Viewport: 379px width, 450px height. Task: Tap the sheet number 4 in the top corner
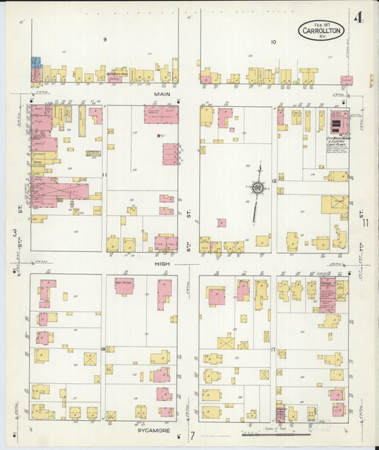pos(359,18)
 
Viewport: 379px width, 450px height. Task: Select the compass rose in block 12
pos(256,189)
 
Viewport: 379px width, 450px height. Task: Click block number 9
pos(105,39)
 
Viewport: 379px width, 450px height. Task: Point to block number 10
pos(272,41)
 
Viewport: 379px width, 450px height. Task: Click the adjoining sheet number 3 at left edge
pos(14,233)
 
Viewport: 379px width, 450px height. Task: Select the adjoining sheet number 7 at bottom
pos(191,435)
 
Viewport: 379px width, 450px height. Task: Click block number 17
pos(273,349)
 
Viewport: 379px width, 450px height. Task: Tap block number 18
pos(103,349)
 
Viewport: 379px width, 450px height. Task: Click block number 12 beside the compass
pos(273,182)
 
